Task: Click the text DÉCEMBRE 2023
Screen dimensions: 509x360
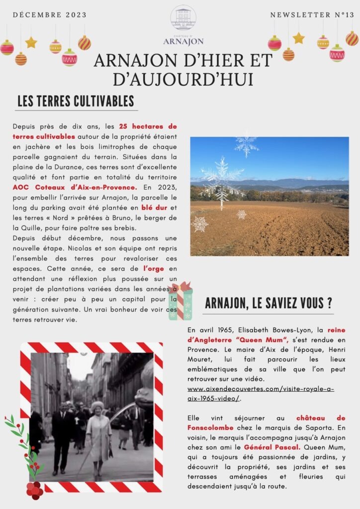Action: [50, 15]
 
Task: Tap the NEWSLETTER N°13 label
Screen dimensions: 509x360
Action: [312, 15]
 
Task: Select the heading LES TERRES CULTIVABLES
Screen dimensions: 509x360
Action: [76, 101]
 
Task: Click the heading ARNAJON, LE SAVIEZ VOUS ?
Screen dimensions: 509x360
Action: [269, 303]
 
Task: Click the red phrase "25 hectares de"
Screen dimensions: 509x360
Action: [148, 127]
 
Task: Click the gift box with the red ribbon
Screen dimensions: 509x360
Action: [180, 300]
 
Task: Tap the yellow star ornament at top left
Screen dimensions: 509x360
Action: [31, 43]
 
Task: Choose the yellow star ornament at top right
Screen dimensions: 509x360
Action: [298, 38]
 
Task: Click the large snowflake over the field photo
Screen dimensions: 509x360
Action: [222, 177]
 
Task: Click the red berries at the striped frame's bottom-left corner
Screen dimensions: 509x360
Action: [34, 490]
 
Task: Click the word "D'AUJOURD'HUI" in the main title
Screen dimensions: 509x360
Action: [183, 79]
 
